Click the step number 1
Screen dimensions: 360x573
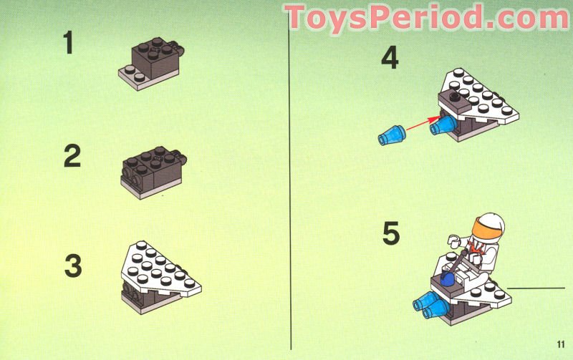coord(69,42)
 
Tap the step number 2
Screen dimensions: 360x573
coord(72,155)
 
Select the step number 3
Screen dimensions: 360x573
coord(73,266)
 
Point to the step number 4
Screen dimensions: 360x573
coord(389,57)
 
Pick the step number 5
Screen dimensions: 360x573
coord(391,234)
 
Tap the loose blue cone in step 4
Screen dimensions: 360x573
coord(391,134)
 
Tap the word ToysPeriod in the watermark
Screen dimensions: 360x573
coord(379,16)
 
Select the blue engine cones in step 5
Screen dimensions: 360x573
coord(428,305)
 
